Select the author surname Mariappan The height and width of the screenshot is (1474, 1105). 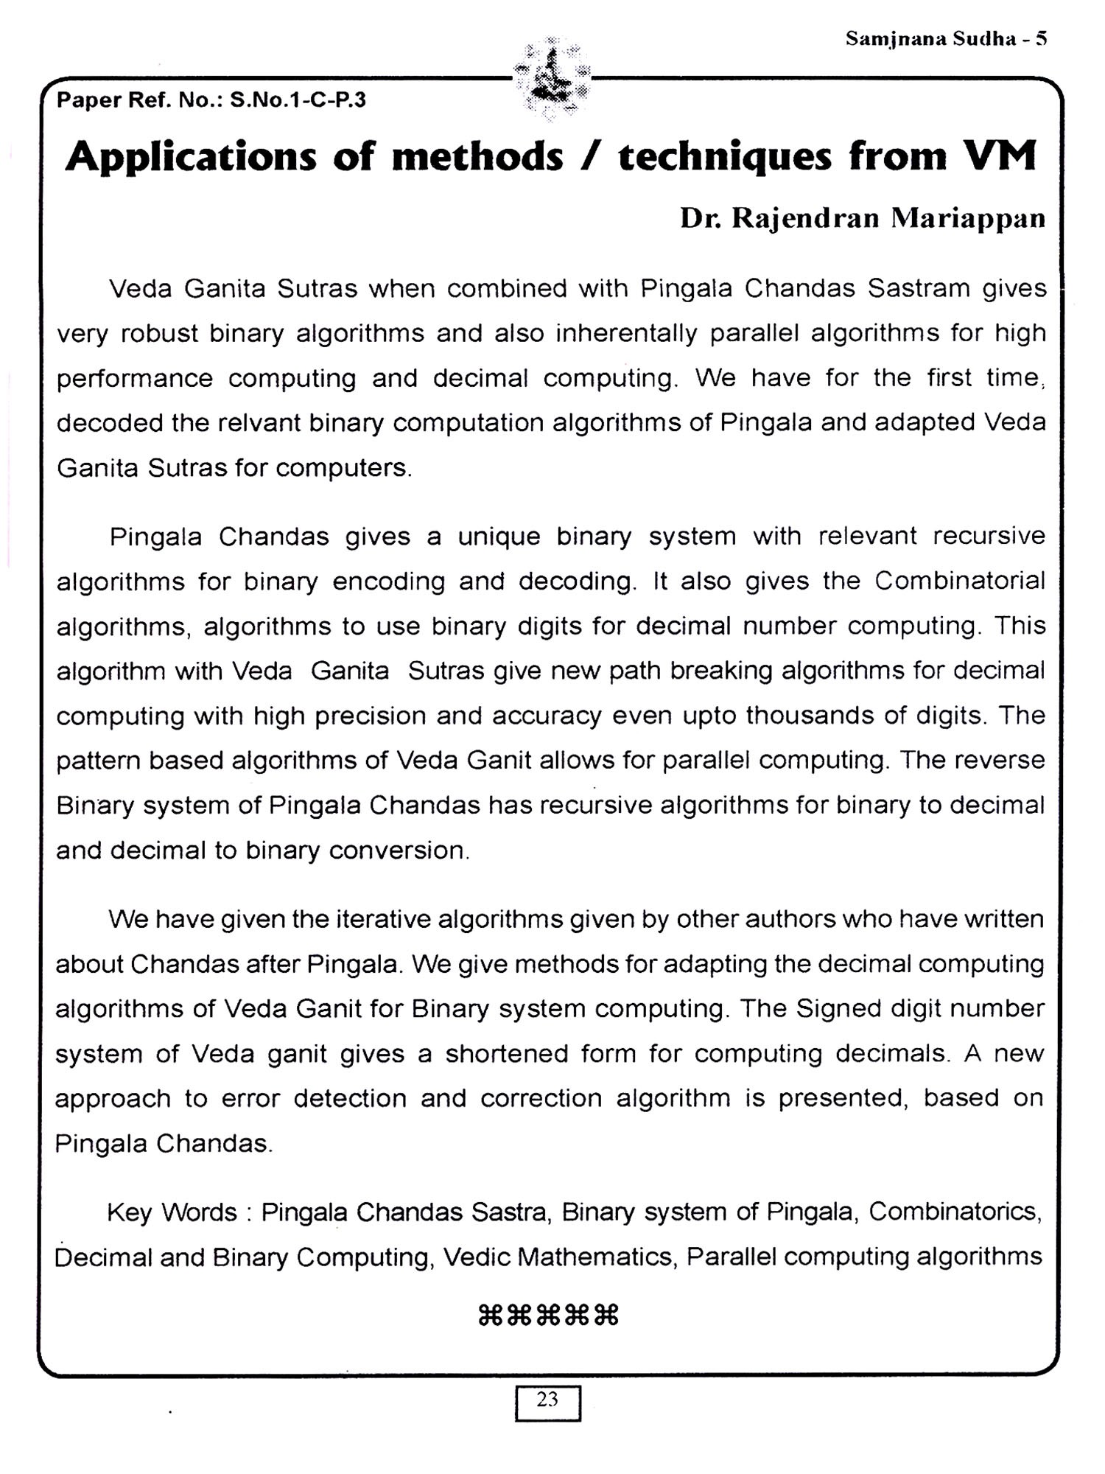tap(967, 219)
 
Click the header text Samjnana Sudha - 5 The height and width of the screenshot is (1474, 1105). tap(946, 39)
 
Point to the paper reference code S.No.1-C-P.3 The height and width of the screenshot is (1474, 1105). tap(298, 100)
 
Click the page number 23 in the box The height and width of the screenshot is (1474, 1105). tap(547, 1400)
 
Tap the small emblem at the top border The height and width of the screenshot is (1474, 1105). tap(551, 78)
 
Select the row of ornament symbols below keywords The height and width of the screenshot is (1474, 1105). tap(548, 1316)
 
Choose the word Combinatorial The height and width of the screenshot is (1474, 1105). tap(960, 581)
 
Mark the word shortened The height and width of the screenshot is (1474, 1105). tap(507, 1054)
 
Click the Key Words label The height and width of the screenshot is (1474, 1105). tap(172, 1213)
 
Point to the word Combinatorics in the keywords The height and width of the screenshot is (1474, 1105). tap(955, 1213)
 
